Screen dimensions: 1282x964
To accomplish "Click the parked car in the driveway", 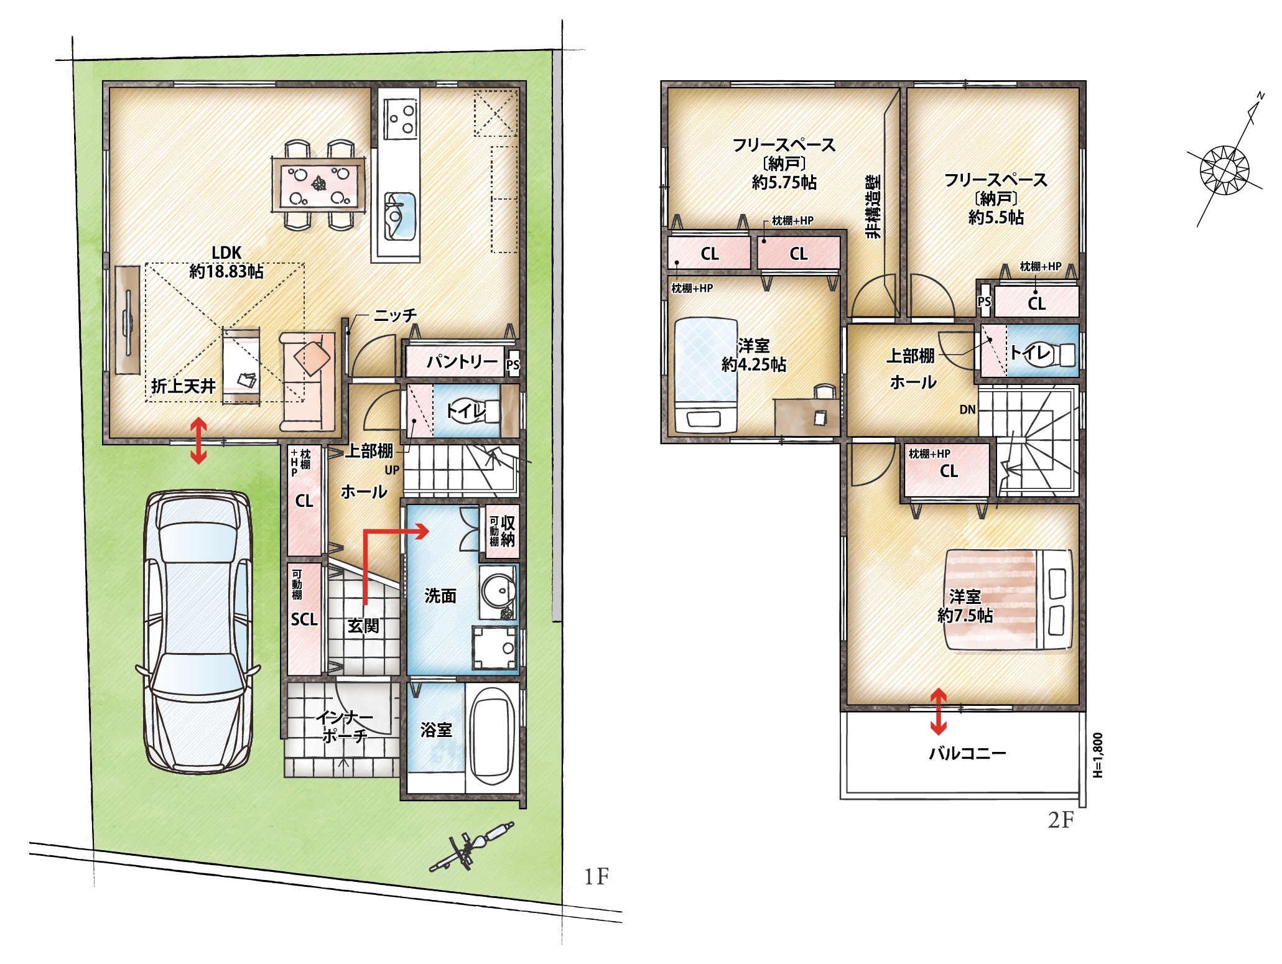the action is (198, 631).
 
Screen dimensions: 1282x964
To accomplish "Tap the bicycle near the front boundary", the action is (472, 847).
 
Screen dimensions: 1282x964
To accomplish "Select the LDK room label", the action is (226, 253).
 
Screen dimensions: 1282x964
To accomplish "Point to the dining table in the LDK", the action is (318, 185).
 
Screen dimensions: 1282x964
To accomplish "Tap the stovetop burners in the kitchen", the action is (400, 119).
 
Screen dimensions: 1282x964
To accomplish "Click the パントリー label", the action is (462, 361).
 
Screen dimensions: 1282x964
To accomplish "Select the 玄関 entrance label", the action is (363, 625).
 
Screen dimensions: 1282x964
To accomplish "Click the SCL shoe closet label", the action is (304, 619).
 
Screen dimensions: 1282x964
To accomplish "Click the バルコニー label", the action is (967, 753).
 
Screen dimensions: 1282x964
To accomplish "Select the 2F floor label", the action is (1061, 820).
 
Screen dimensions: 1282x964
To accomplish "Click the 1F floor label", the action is (596, 877).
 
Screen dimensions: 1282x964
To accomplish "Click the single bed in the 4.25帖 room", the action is (706, 376).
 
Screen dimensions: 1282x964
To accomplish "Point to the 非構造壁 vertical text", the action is (873, 206).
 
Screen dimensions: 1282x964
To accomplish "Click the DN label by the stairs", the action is (967, 409).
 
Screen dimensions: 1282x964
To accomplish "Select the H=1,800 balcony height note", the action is (1098, 755).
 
